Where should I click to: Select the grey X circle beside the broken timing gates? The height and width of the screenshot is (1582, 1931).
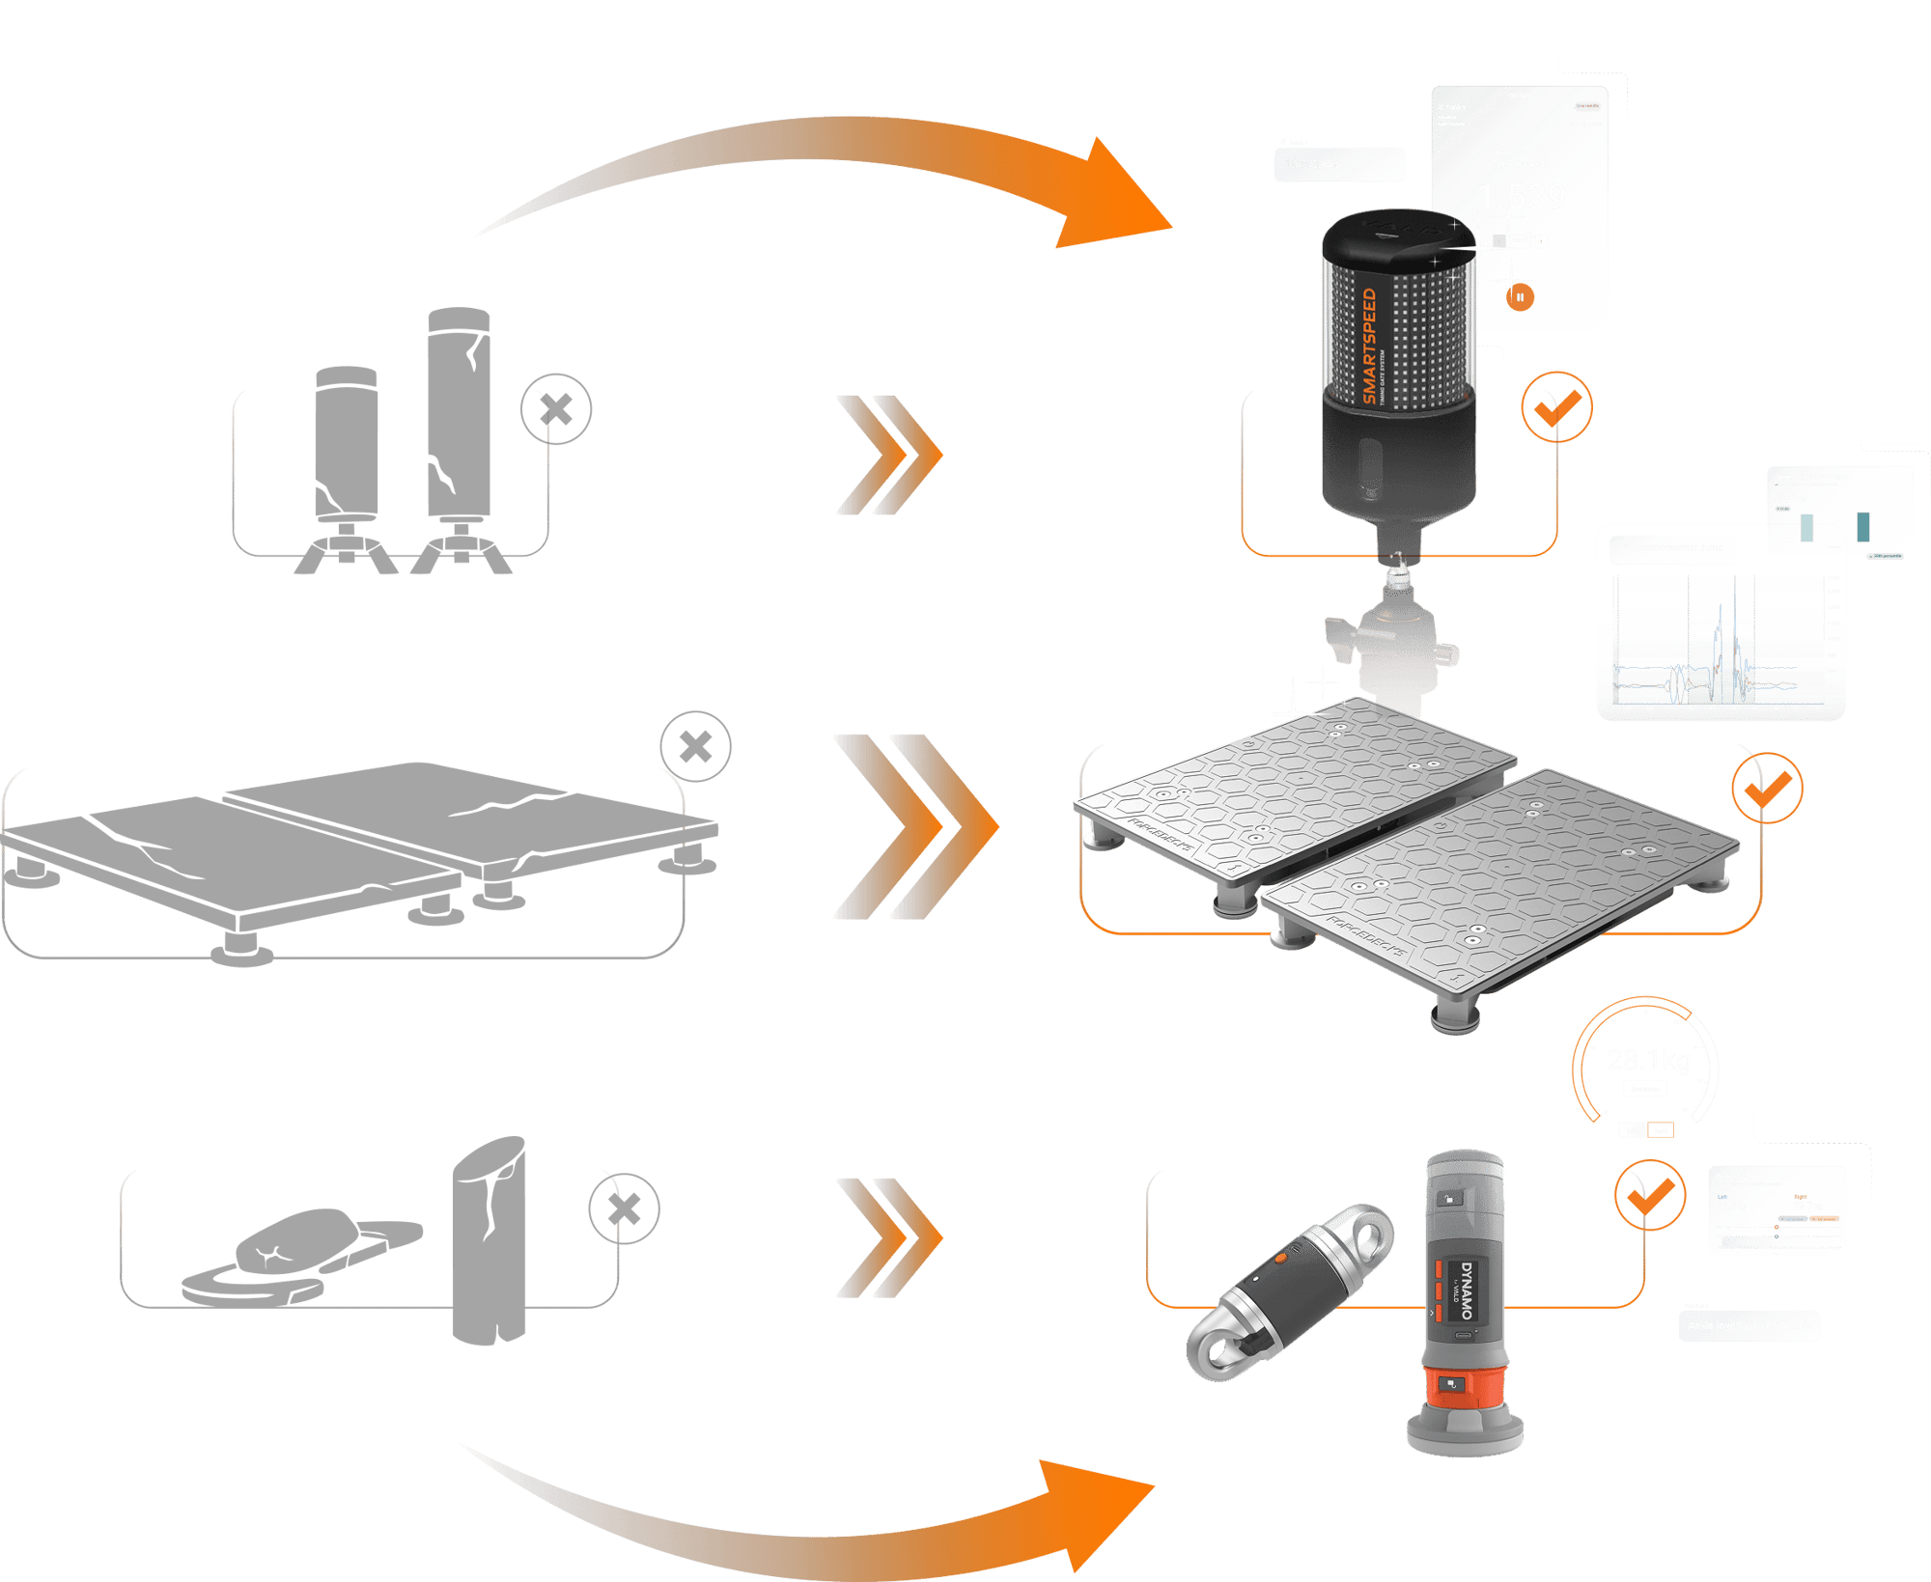556,409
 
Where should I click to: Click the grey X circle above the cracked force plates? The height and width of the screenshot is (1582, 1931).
695,747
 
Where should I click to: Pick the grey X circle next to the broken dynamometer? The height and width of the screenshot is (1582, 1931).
625,1208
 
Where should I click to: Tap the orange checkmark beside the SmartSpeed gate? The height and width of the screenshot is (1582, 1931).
1556,407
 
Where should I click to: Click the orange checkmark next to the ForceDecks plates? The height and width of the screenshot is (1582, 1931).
1766,789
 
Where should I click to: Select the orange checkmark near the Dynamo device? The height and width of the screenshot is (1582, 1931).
1650,1195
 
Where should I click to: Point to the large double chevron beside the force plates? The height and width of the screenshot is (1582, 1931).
912,825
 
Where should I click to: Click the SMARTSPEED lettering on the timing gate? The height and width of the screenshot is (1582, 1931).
1369,346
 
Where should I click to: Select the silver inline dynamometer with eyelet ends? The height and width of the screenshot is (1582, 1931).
1290,1291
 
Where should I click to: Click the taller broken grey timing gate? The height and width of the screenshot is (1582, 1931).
459,415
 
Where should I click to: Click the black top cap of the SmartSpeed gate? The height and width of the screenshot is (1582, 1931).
1396,237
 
